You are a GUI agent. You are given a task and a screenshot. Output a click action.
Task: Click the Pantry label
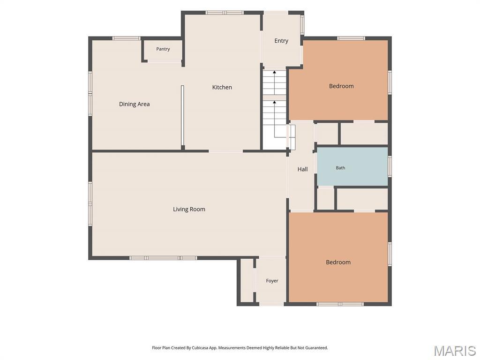pyautogui.click(x=163, y=49)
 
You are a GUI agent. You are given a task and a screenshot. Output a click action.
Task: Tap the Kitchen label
pyautogui.click(x=222, y=87)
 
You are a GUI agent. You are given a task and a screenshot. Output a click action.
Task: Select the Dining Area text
pyautogui.click(x=135, y=104)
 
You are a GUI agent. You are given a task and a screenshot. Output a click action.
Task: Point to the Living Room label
pyautogui.click(x=189, y=209)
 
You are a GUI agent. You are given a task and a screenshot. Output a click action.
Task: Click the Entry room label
pyautogui.click(x=281, y=41)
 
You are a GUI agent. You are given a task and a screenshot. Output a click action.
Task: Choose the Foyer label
pyautogui.click(x=272, y=281)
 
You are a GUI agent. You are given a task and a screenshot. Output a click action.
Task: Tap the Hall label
pyautogui.click(x=302, y=169)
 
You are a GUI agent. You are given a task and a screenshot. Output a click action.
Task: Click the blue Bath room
pyautogui.click(x=352, y=166)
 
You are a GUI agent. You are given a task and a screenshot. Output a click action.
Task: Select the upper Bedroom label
pyautogui.click(x=341, y=86)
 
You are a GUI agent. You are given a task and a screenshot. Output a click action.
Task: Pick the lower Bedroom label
pyautogui.click(x=338, y=262)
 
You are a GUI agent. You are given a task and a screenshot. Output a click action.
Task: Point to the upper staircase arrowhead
pyautogui.click(x=275, y=72)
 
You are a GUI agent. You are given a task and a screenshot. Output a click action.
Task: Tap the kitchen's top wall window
pyautogui.click(x=225, y=13)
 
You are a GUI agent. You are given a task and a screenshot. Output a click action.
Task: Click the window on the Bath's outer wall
pyautogui.click(x=390, y=166)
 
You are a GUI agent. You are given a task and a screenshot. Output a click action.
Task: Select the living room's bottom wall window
pyautogui.click(x=163, y=258)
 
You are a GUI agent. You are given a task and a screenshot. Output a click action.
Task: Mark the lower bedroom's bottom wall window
pyautogui.click(x=340, y=304)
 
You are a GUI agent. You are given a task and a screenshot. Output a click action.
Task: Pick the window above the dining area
pyautogui.click(x=126, y=38)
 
